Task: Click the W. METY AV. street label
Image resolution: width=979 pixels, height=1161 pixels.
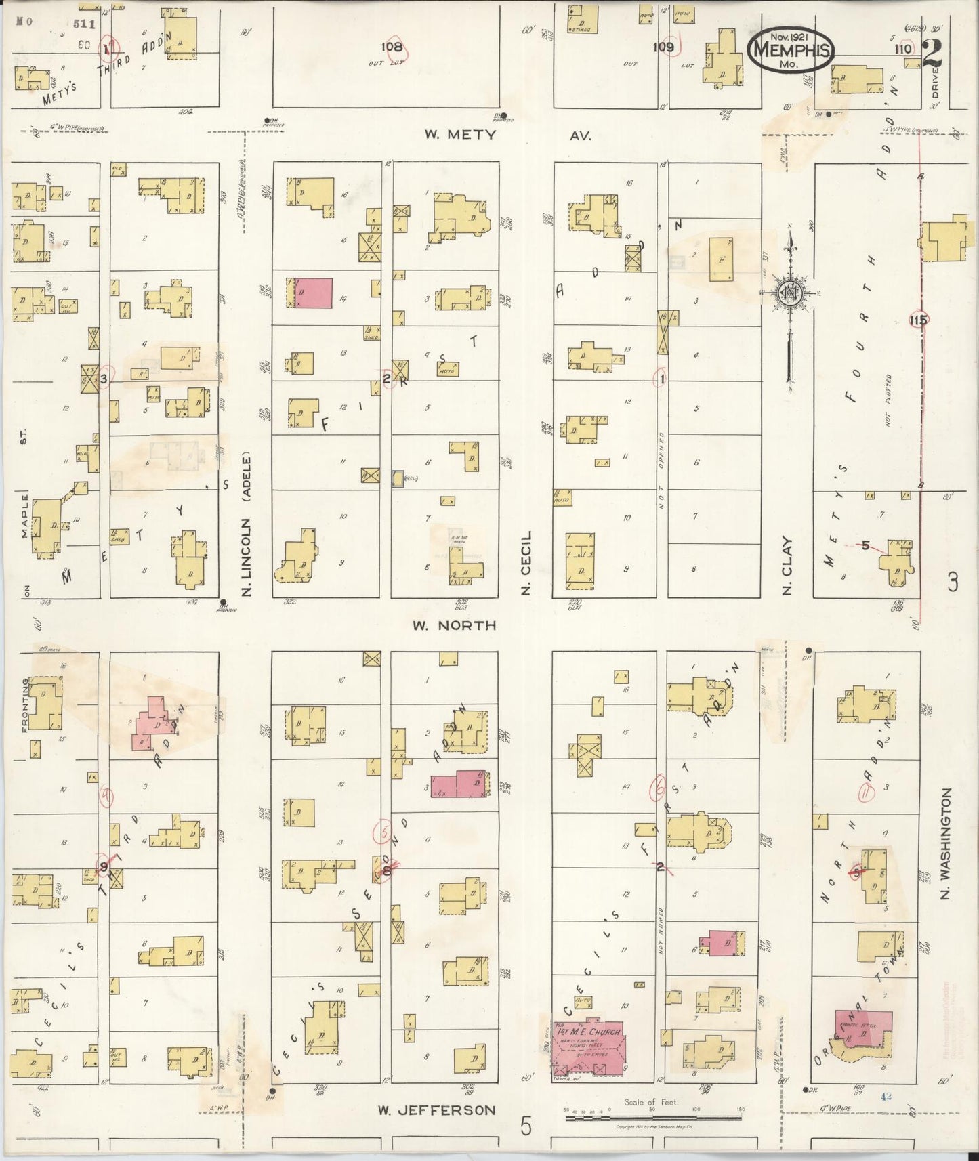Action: pyautogui.click(x=507, y=135)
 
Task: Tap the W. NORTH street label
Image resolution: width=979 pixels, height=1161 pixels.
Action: pyautogui.click(x=455, y=625)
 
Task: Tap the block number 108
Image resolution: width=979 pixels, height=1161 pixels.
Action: pyautogui.click(x=392, y=47)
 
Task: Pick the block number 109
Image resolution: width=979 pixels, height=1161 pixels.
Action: pyautogui.click(x=663, y=47)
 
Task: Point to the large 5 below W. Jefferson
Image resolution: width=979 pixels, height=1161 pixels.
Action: pyautogui.click(x=526, y=1126)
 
